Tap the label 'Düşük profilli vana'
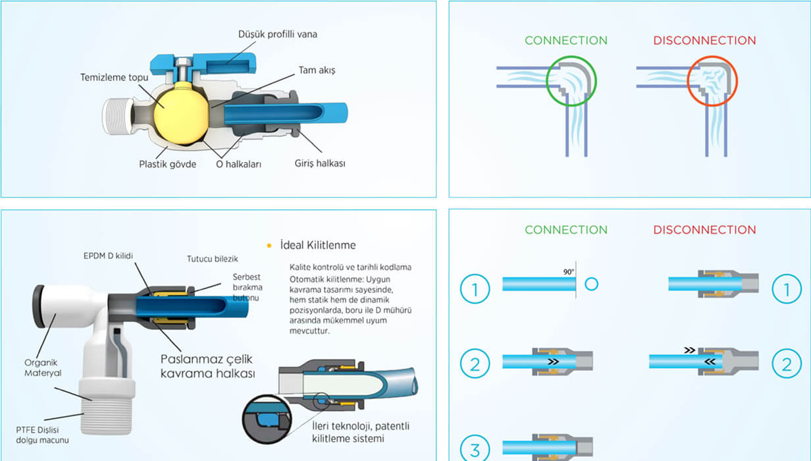277,34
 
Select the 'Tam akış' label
317,70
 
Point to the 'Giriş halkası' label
319,163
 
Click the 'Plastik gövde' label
167,164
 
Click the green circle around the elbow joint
571,82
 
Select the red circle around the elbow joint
712,82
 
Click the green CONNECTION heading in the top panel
565,40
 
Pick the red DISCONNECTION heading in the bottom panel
704,230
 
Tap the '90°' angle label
568,272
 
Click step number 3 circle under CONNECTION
475,450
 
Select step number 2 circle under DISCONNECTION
786,364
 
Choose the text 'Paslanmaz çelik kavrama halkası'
207,366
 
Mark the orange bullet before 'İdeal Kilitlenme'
269,246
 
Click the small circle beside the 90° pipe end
591,284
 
